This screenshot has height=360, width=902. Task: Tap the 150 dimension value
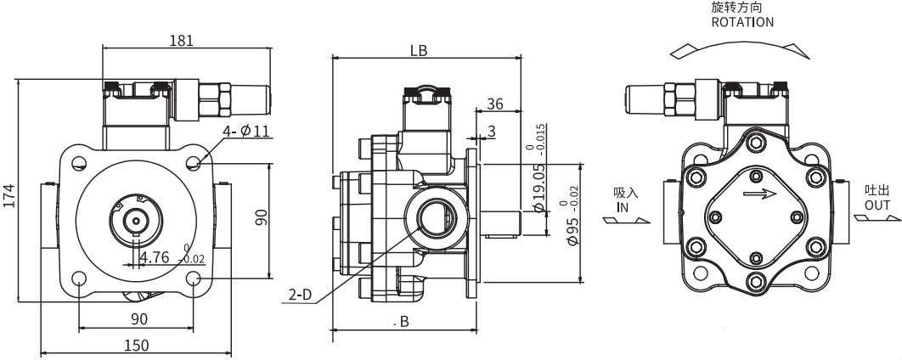[136, 345]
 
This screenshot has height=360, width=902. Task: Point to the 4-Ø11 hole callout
[246, 131]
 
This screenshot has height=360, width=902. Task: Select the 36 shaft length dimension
[496, 104]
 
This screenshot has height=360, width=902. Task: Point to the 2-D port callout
[299, 295]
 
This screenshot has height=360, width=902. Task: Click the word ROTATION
[741, 22]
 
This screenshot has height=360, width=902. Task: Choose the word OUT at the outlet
[877, 205]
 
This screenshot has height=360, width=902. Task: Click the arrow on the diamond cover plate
[758, 194]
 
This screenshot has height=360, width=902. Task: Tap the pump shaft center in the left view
[135, 219]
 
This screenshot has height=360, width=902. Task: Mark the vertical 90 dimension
[262, 218]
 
